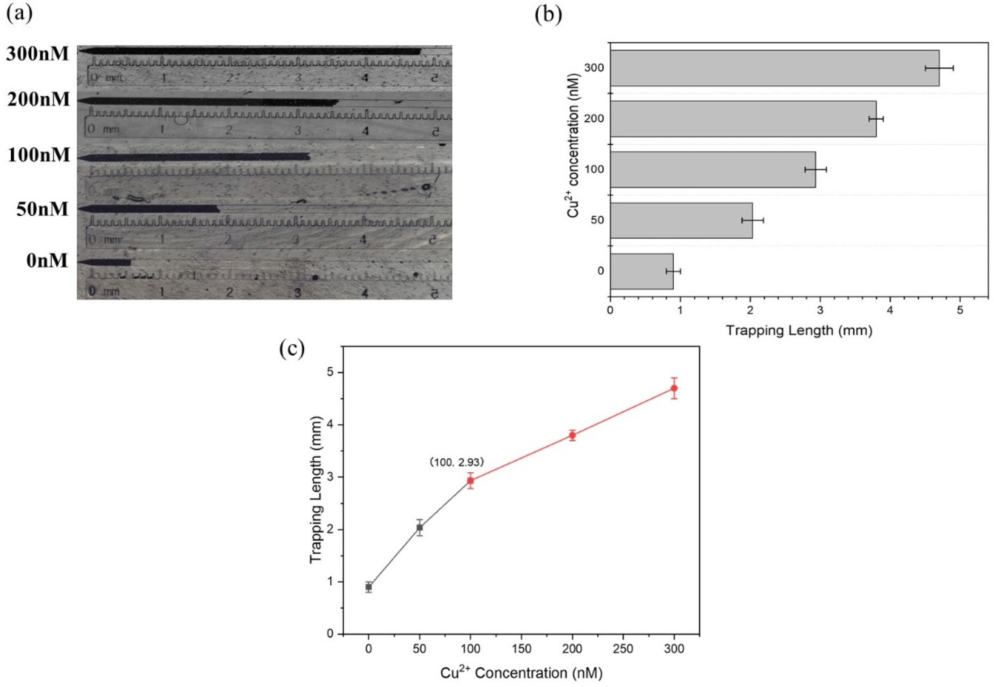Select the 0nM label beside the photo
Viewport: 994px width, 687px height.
47,261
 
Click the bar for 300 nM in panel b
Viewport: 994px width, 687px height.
775,68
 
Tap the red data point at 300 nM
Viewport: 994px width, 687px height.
674,388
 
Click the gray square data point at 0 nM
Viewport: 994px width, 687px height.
369,587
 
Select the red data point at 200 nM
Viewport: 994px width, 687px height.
572,435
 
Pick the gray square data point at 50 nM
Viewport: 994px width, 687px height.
420,527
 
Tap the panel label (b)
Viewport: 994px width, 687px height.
548,16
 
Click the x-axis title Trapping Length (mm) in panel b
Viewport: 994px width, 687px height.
799,331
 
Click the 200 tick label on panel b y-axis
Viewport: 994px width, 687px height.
594,119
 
